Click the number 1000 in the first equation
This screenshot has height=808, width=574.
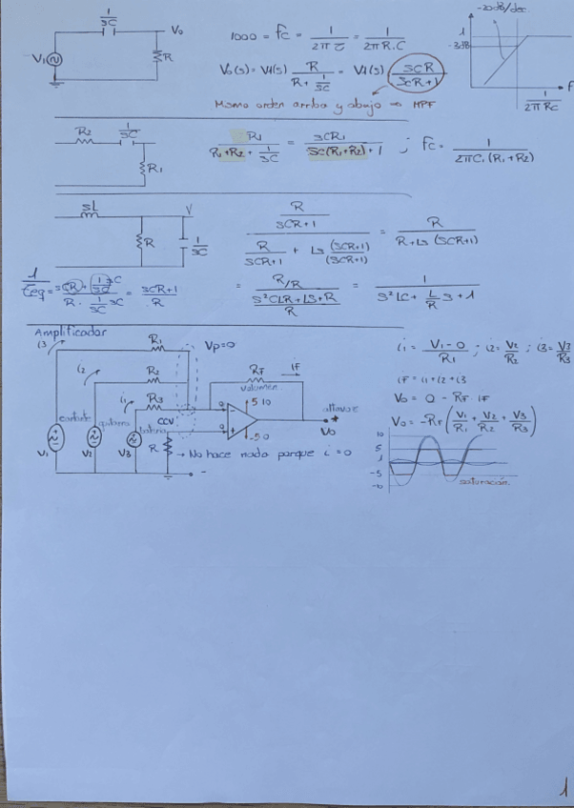tap(243, 37)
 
